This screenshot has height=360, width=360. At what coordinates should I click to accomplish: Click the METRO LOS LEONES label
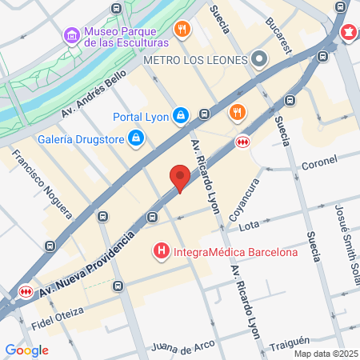(194, 60)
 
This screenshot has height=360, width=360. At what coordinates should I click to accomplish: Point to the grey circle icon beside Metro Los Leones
(258, 59)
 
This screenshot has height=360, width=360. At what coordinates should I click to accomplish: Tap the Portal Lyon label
(140, 117)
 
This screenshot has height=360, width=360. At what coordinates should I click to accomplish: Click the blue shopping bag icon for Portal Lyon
(182, 116)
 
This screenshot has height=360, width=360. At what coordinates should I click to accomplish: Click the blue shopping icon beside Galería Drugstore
(137, 138)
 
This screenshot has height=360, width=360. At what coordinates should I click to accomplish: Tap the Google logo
(26, 350)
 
